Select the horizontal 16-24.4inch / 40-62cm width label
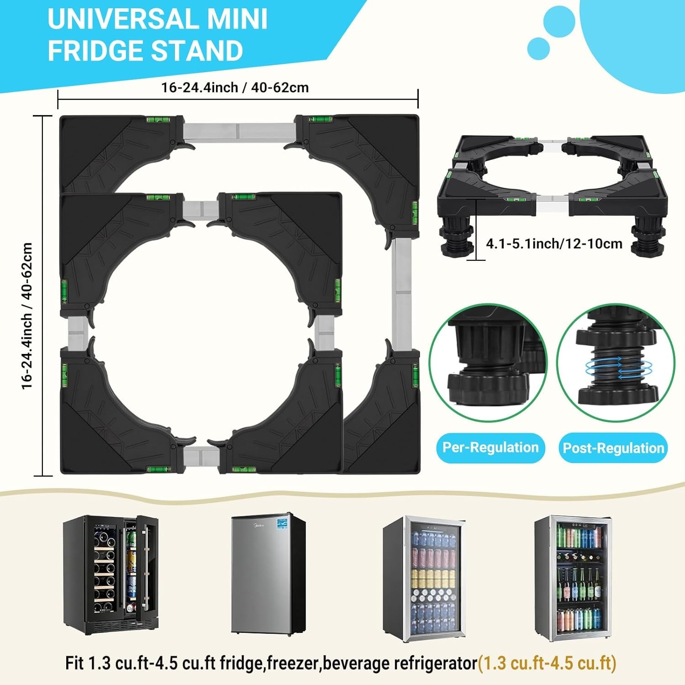[x=235, y=87]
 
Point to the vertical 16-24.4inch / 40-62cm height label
[x=27, y=316]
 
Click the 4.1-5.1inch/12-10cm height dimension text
[x=554, y=243]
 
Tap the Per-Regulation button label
[x=490, y=447]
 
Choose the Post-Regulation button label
[x=613, y=448]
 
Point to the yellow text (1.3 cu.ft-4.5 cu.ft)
[x=547, y=663]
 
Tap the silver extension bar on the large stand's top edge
[x=238, y=131]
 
